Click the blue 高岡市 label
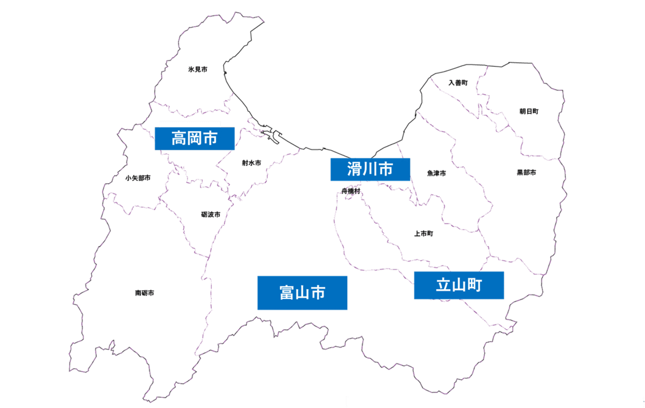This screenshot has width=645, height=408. coord(194,138)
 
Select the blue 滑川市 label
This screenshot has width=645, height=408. coord(370,169)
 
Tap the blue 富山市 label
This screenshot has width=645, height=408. coord(302,292)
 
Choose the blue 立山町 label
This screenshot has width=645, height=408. coord(459,285)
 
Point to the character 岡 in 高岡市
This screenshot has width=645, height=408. coord(194,138)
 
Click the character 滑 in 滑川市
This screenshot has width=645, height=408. coord(354,169)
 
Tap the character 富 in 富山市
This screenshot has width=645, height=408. coord(287,293)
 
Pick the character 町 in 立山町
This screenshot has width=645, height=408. coord(474,285)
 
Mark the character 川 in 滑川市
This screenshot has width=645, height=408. coord(370,169)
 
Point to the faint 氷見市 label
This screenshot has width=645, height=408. coord(198,69)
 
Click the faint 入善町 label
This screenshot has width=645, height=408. coord(458,83)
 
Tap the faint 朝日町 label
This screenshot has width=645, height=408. coord(529,111)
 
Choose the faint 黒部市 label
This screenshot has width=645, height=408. coord(526,172)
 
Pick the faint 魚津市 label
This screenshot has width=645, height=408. coord(436,173)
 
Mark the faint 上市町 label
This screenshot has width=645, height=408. coord(423,233)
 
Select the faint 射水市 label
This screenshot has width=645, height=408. coord(251,163)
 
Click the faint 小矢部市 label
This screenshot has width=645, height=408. coord(138,178)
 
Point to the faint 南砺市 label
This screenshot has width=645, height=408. coord(145,293)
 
